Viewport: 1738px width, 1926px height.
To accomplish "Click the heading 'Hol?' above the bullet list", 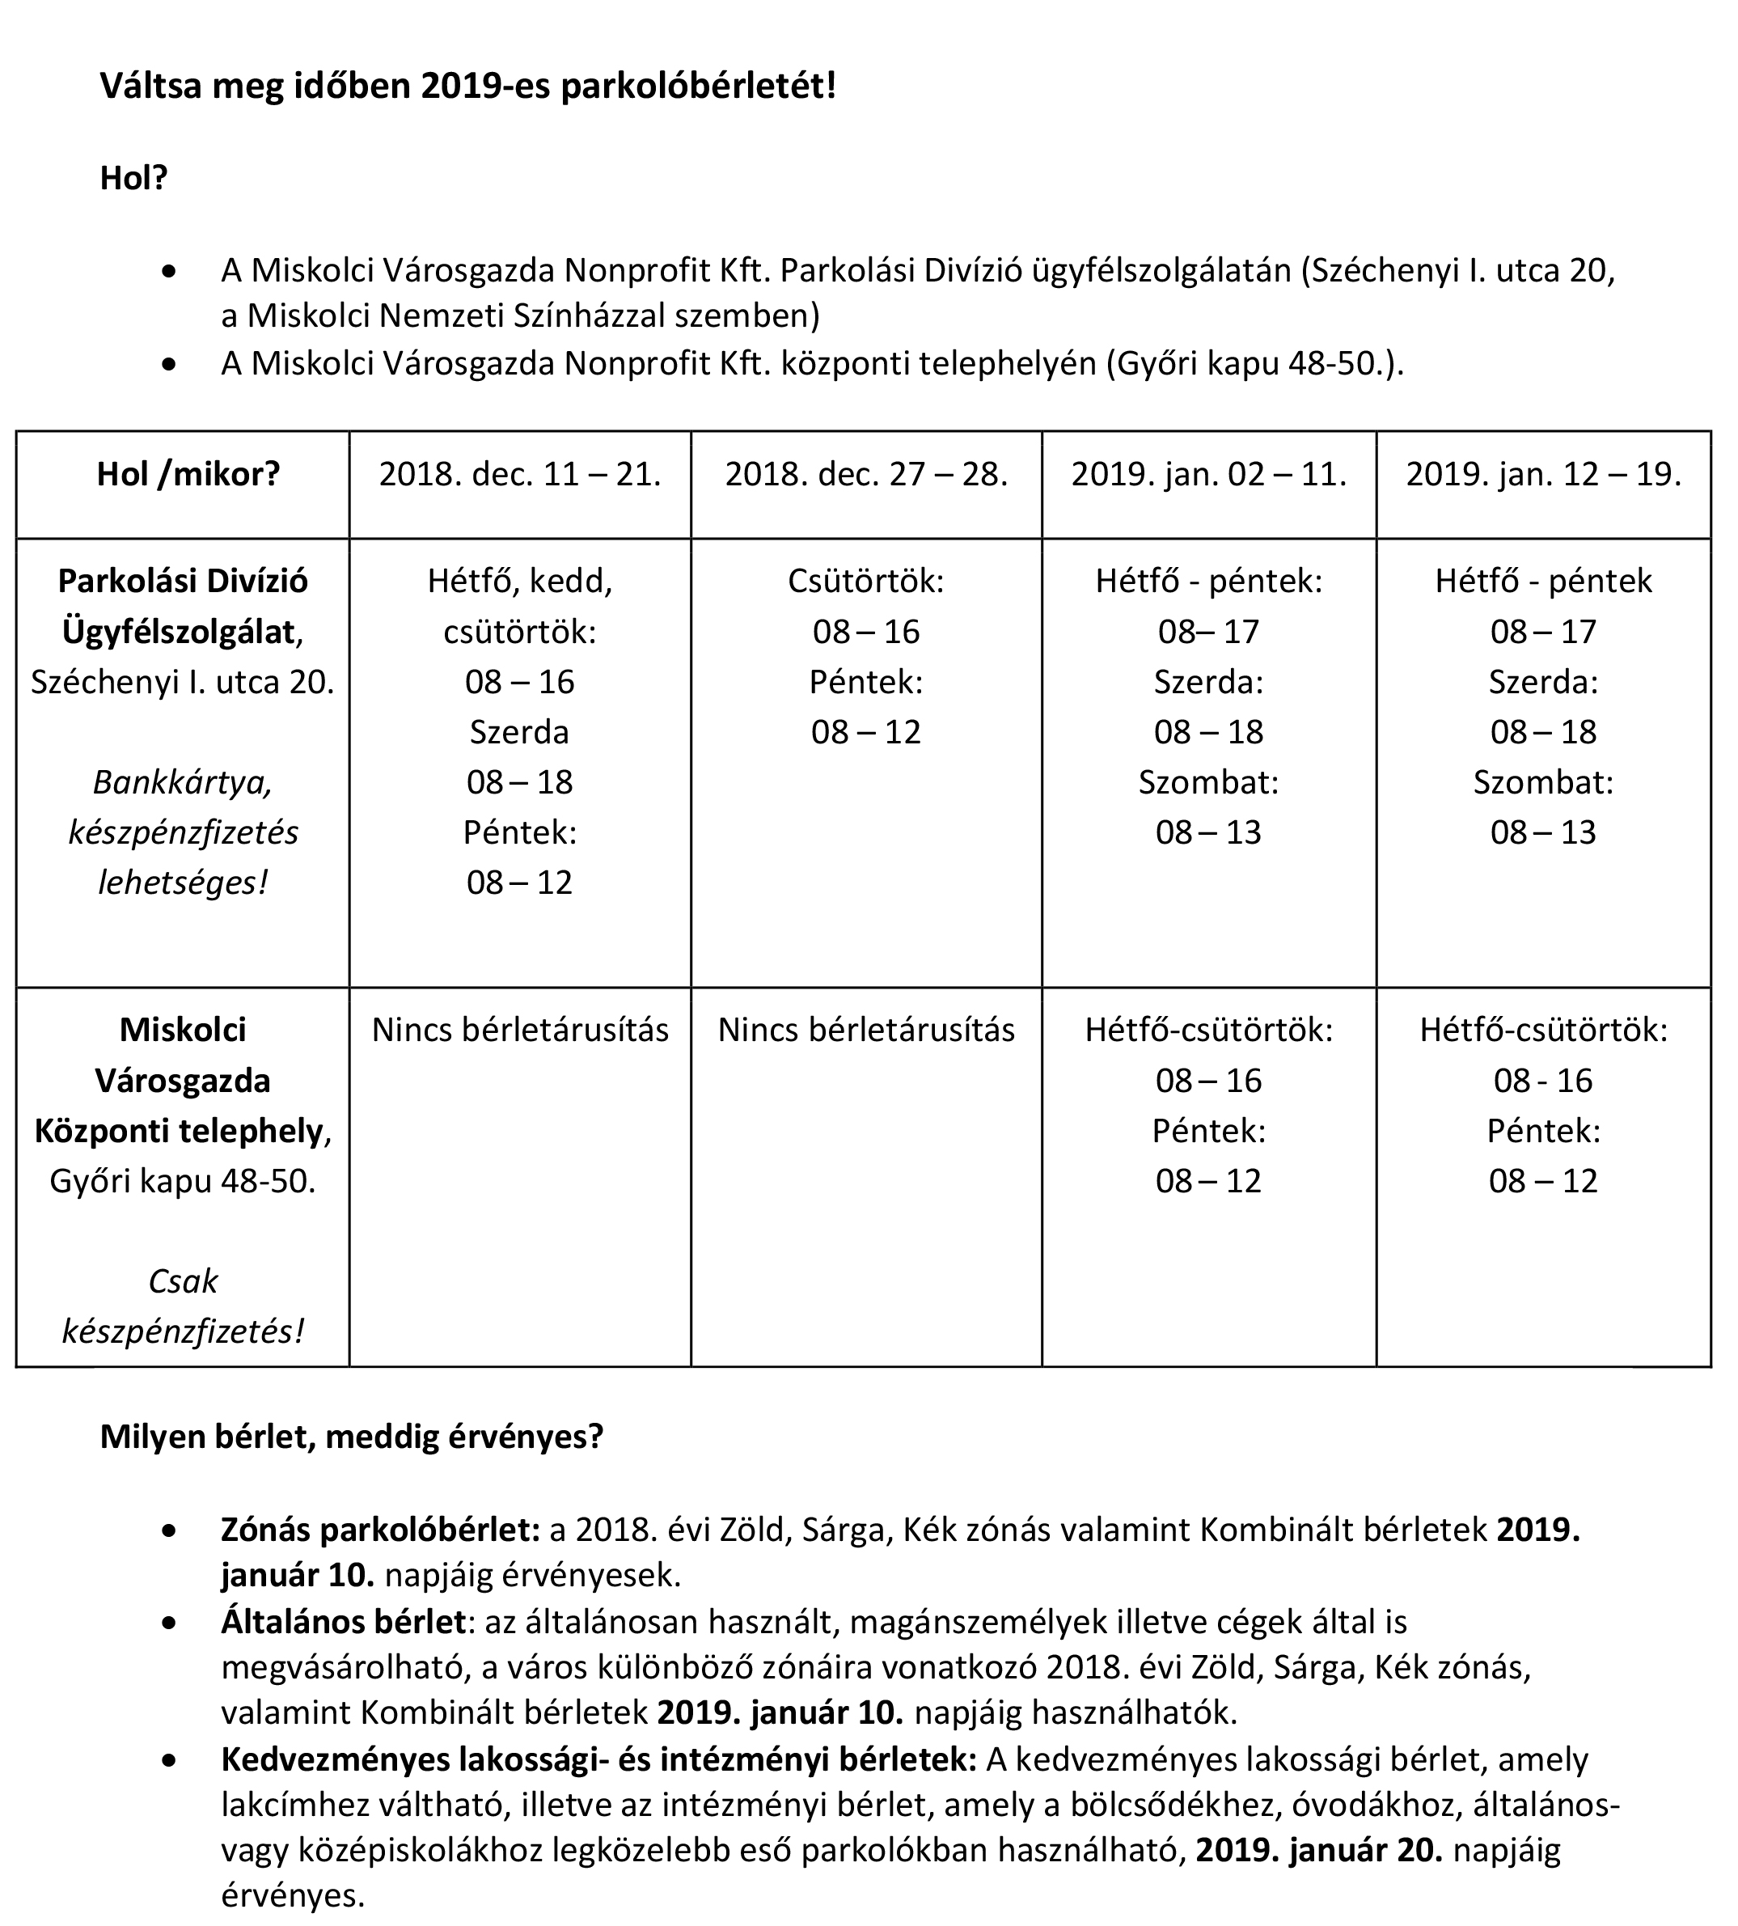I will (x=133, y=179).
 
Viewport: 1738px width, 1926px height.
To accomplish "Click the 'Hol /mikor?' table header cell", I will (x=188, y=475).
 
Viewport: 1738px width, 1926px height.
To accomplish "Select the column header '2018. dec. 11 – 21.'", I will (x=519, y=475).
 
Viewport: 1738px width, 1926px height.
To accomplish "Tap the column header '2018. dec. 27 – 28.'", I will (x=866, y=475).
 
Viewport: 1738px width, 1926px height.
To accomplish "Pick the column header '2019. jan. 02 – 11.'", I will (x=1208, y=475).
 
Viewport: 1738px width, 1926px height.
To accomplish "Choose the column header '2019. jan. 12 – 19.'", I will (x=1543, y=475).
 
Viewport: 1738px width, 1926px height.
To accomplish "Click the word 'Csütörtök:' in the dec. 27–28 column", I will (x=866, y=582).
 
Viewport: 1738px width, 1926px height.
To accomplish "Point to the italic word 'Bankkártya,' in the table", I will (x=183, y=782).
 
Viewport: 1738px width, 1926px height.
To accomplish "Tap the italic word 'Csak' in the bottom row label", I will (x=183, y=1280).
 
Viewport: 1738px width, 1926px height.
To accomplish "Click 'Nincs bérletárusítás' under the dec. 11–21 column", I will (x=519, y=1031).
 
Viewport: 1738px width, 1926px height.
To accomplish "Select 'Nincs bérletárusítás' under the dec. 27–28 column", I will (x=866, y=1031).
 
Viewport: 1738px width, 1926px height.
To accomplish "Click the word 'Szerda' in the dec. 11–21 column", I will (x=519, y=732).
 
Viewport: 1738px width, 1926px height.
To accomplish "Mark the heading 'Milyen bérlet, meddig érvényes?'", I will (x=352, y=1437).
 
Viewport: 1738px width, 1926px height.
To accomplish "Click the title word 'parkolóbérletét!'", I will (x=698, y=86).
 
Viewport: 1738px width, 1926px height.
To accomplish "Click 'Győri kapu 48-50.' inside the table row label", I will (x=183, y=1181).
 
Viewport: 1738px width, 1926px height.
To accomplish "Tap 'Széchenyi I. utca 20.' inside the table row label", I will (x=183, y=682).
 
